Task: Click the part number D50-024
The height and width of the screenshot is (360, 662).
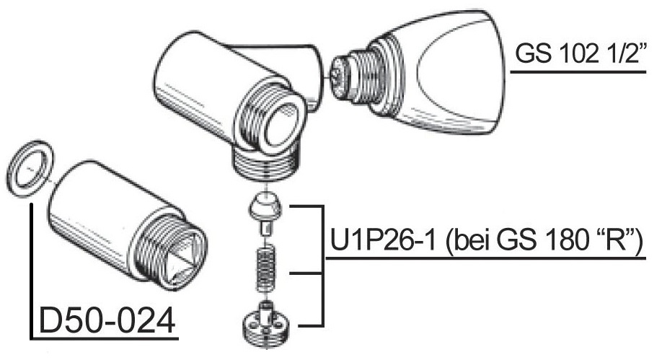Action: (107, 320)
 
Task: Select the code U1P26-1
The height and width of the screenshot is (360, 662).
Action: (382, 240)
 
